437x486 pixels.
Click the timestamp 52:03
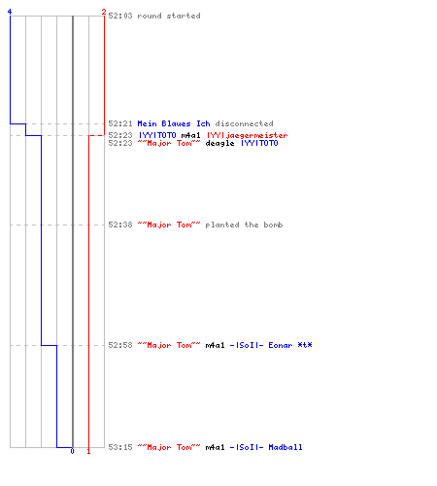coord(120,16)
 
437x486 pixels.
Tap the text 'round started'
coord(169,16)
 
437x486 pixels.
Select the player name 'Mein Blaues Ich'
coord(174,123)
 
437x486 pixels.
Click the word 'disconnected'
coord(244,123)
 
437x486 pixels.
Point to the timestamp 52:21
coord(120,123)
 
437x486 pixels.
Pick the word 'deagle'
coord(219,143)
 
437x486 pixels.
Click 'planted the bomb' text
coord(244,225)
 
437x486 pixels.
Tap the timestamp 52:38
coord(120,225)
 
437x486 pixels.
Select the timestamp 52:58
coord(120,345)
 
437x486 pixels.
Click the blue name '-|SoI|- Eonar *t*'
coord(271,345)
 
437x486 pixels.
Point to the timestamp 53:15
coord(120,447)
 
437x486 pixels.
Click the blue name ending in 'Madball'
coord(266,447)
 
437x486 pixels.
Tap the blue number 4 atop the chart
coord(10,12)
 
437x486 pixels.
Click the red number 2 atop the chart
coord(104,12)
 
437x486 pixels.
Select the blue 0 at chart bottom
coord(72,451)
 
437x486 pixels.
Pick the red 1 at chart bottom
coord(88,451)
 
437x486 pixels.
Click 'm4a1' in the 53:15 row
coord(215,447)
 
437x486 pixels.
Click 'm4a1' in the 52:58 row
coord(215,345)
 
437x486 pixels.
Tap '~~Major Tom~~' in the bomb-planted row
coord(169,225)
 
